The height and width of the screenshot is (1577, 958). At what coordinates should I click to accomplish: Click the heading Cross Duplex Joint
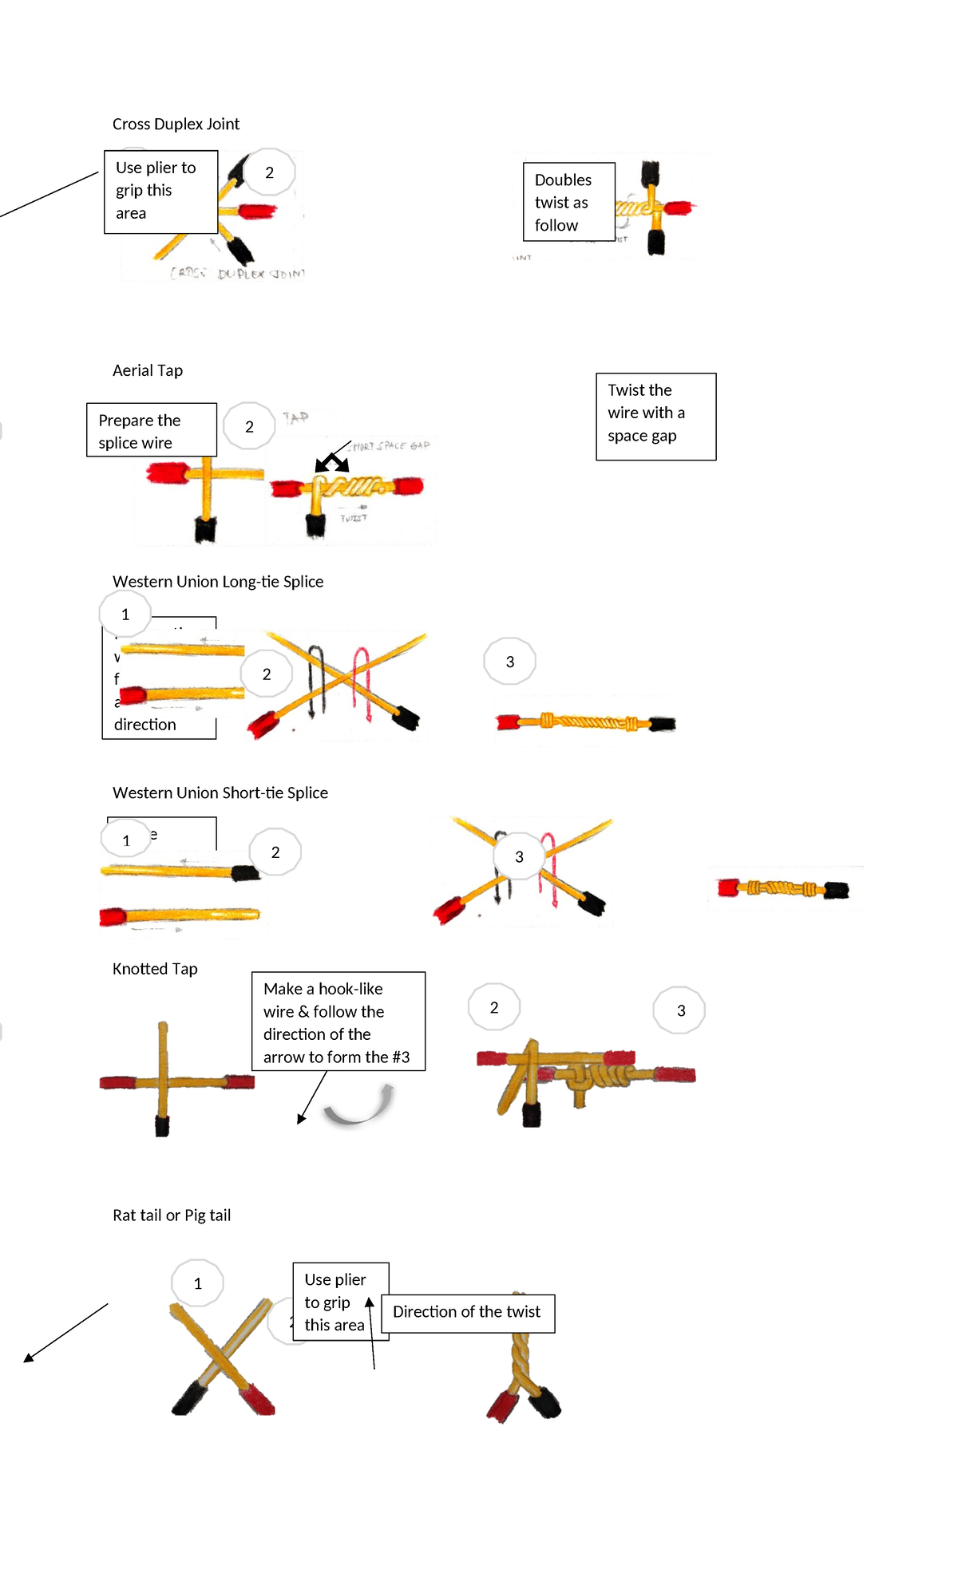tap(176, 125)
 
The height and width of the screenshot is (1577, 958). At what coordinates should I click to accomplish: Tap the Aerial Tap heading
tap(148, 371)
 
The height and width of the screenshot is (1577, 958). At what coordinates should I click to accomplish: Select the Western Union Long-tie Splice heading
tap(218, 582)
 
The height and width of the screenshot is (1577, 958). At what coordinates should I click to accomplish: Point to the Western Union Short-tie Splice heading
tap(220, 793)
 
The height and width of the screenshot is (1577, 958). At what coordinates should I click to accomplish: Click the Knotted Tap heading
tap(155, 969)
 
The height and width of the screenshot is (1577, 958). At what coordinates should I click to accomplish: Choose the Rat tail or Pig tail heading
tap(172, 1215)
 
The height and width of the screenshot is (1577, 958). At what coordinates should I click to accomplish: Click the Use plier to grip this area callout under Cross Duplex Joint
tap(160, 192)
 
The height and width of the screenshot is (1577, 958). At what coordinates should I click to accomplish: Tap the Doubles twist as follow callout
tap(568, 203)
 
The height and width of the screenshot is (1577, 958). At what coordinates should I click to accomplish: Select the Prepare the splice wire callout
tap(151, 431)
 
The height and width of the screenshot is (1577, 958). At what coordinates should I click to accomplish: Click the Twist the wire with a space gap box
tap(655, 416)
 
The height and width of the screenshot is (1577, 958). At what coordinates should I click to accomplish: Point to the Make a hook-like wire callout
tap(338, 1022)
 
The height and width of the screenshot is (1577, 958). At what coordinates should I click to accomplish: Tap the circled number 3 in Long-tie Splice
tap(510, 662)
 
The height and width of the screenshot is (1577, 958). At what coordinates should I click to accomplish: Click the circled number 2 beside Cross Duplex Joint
tap(270, 172)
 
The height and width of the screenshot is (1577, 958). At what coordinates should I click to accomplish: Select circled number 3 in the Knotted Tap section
tap(680, 1011)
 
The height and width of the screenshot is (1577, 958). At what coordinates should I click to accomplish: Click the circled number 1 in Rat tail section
tap(198, 1283)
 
